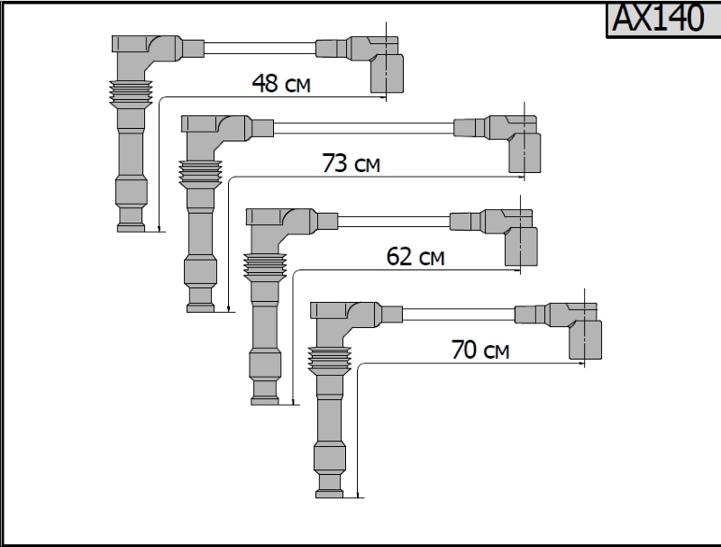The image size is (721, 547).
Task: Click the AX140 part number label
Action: point(658,18)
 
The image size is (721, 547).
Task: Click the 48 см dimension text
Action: point(281,83)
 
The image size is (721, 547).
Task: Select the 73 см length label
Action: point(351,163)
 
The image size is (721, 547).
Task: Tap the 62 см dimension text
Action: point(415,257)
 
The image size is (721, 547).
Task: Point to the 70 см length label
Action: point(480,350)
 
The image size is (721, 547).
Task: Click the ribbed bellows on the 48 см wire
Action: point(131,95)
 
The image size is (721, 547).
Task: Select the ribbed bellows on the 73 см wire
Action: point(200,175)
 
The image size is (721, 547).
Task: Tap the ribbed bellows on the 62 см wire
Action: point(265,268)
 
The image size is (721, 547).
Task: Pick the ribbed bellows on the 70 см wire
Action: point(329,361)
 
